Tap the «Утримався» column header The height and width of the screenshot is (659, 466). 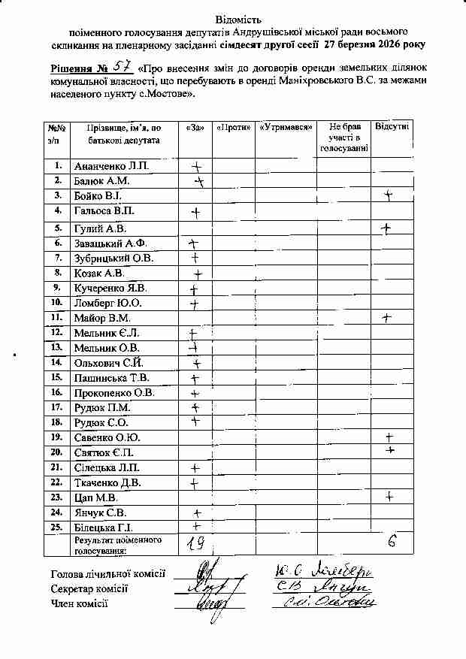tap(286, 128)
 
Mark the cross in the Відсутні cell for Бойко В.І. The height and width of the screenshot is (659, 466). tap(389, 195)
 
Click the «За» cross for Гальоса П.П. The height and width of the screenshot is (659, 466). tap(196, 213)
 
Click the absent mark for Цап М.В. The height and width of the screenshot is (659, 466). tap(389, 496)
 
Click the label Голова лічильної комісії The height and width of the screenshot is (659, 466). tap(107, 574)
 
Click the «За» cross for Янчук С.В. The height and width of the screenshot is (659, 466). tap(197, 513)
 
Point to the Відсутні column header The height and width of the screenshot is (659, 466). tap(392, 127)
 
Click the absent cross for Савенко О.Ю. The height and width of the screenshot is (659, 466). tap(389, 437)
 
